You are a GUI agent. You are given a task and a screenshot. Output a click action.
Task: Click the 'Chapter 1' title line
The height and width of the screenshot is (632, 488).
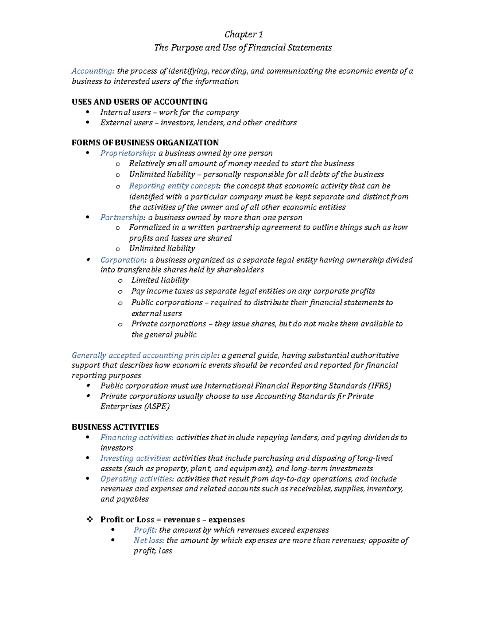244,35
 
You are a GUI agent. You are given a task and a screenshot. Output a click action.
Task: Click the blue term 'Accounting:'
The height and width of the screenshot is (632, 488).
93,71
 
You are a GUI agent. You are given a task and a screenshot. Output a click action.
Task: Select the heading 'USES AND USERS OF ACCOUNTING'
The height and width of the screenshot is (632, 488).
139,102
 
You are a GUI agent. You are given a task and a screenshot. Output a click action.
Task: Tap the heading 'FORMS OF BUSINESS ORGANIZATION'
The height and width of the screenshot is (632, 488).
145,142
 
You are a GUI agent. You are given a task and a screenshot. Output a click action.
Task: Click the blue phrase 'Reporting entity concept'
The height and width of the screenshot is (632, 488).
174,186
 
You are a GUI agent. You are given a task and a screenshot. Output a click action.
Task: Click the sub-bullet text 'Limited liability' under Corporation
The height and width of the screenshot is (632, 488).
160,280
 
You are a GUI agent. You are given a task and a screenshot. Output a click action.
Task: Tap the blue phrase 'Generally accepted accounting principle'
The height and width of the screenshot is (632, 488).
144,355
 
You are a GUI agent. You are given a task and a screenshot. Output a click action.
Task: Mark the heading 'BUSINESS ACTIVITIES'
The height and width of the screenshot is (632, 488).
115,427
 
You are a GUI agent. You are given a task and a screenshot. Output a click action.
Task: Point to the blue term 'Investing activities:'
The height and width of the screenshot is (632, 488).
135,458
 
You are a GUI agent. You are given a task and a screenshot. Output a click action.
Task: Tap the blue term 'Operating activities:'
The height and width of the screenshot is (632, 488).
137,479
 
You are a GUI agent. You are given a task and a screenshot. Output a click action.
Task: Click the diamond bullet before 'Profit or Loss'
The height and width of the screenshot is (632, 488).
89,519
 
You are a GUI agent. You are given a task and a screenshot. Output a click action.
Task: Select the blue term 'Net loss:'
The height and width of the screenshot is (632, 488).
149,540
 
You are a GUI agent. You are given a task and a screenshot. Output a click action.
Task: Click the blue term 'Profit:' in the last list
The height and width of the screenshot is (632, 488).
145,530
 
